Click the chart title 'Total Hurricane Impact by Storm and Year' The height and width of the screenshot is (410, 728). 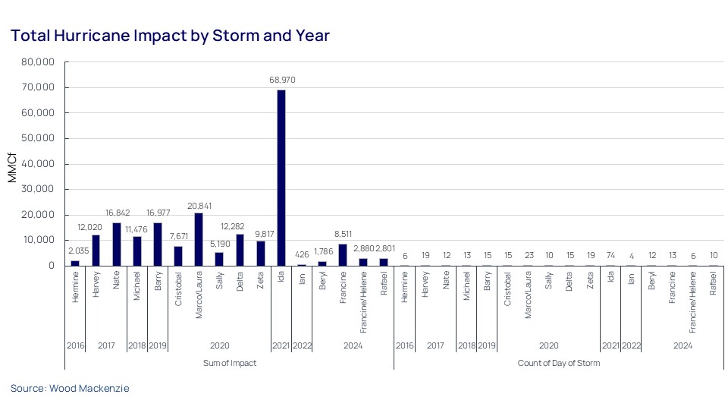click(170, 36)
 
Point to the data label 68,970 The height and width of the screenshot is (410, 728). click(281, 79)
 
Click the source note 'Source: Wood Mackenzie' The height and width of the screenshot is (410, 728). click(70, 388)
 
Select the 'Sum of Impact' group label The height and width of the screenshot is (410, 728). click(229, 363)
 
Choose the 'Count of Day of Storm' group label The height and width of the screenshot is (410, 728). click(558, 363)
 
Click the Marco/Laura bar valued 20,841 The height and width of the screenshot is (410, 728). click(199, 239)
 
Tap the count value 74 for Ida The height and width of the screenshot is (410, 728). click(610, 256)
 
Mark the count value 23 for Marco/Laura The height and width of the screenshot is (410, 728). click(528, 256)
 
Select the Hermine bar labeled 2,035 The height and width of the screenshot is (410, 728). click(75, 263)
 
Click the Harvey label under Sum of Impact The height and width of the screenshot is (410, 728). click(96, 286)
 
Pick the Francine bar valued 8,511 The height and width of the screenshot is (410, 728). click(343, 255)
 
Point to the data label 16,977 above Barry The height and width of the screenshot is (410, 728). click(158, 213)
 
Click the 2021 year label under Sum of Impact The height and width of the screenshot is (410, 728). click(281, 345)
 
